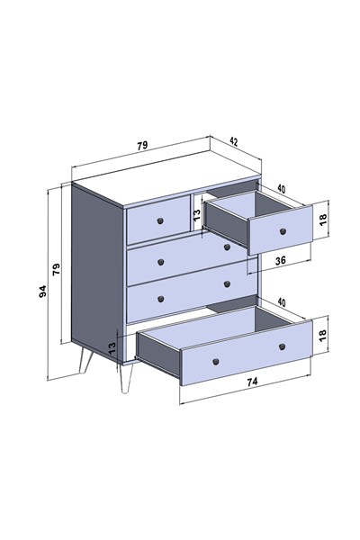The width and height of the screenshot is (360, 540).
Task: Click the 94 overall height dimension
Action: pyautogui.click(x=42, y=292)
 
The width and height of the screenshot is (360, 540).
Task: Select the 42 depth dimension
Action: pyautogui.click(x=234, y=141)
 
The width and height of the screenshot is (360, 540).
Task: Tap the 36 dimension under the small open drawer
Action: pyautogui.click(x=281, y=260)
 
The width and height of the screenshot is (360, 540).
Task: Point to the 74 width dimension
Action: pyautogui.click(x=252, y=382)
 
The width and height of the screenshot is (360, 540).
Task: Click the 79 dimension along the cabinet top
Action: pyautogui.click(x=142, y=146)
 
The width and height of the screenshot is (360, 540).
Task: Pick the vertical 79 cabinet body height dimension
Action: pyautogui.click(x=56, y=269)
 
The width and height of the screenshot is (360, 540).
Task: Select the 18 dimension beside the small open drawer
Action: pyautogui.click(x=323, y=220)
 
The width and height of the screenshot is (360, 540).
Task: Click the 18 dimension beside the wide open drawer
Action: pyautogui.click(x=323, y=335)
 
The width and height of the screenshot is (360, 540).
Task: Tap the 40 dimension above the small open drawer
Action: pyautogui.click(x=282, y=189)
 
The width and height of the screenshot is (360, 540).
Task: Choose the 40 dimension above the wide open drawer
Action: pyautogui.click(x=282, y=302)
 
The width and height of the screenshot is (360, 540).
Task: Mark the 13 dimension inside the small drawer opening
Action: pyautogui.click(x=197, y=215)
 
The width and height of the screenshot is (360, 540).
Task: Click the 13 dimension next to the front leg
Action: pyautogui.click(x=112, y=348)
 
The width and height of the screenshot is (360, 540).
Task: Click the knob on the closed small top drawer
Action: pyautogui.click(x=160, y=220)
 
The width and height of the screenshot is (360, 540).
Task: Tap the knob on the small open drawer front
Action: pyautogui.click(x=283, y=231)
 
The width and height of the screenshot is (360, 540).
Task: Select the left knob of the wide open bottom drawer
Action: pyautogui.click(x=216, y=361)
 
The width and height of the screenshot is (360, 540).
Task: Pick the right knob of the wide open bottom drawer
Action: pyautogui.click(x=282, y=346)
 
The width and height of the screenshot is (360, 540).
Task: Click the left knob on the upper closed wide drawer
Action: pyautogui.click(x=160, y=263)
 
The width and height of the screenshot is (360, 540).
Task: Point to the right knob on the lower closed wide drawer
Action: pyautogui.click(x=227, y=284)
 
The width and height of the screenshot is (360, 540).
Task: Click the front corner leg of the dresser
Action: pyautogui.click(x=126, y=378)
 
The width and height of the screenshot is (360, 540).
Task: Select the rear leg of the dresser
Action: pyautogui.click(x=85, y=360)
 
